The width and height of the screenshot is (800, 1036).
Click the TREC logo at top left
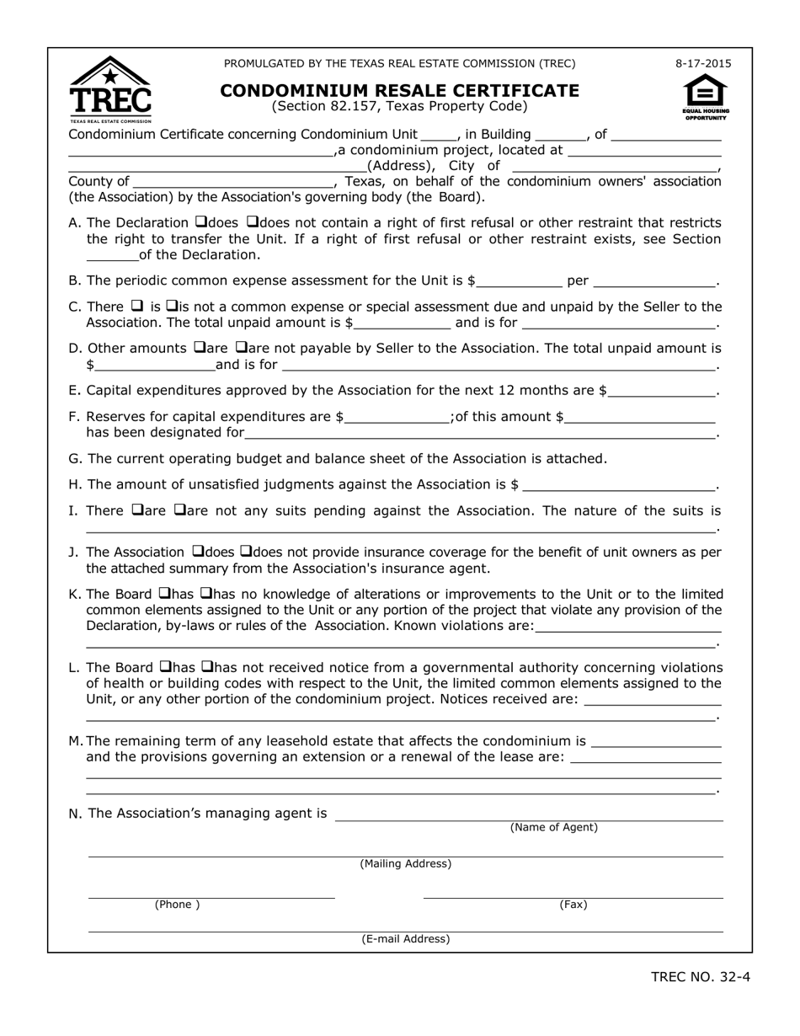click(110, 90)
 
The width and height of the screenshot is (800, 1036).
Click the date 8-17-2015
click(703, 63)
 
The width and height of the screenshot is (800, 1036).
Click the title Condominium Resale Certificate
click(399, 90)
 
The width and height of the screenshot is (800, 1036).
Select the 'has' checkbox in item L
click(164, 667)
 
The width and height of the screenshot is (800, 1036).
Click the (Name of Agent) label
click(553, 828)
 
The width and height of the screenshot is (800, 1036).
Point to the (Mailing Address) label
click(405, 864)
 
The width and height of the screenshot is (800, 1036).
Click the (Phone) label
click(177, 905)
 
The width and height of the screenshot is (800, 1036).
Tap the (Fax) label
click(573, 905)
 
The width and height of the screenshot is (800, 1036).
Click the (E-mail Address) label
click(405, 939)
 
